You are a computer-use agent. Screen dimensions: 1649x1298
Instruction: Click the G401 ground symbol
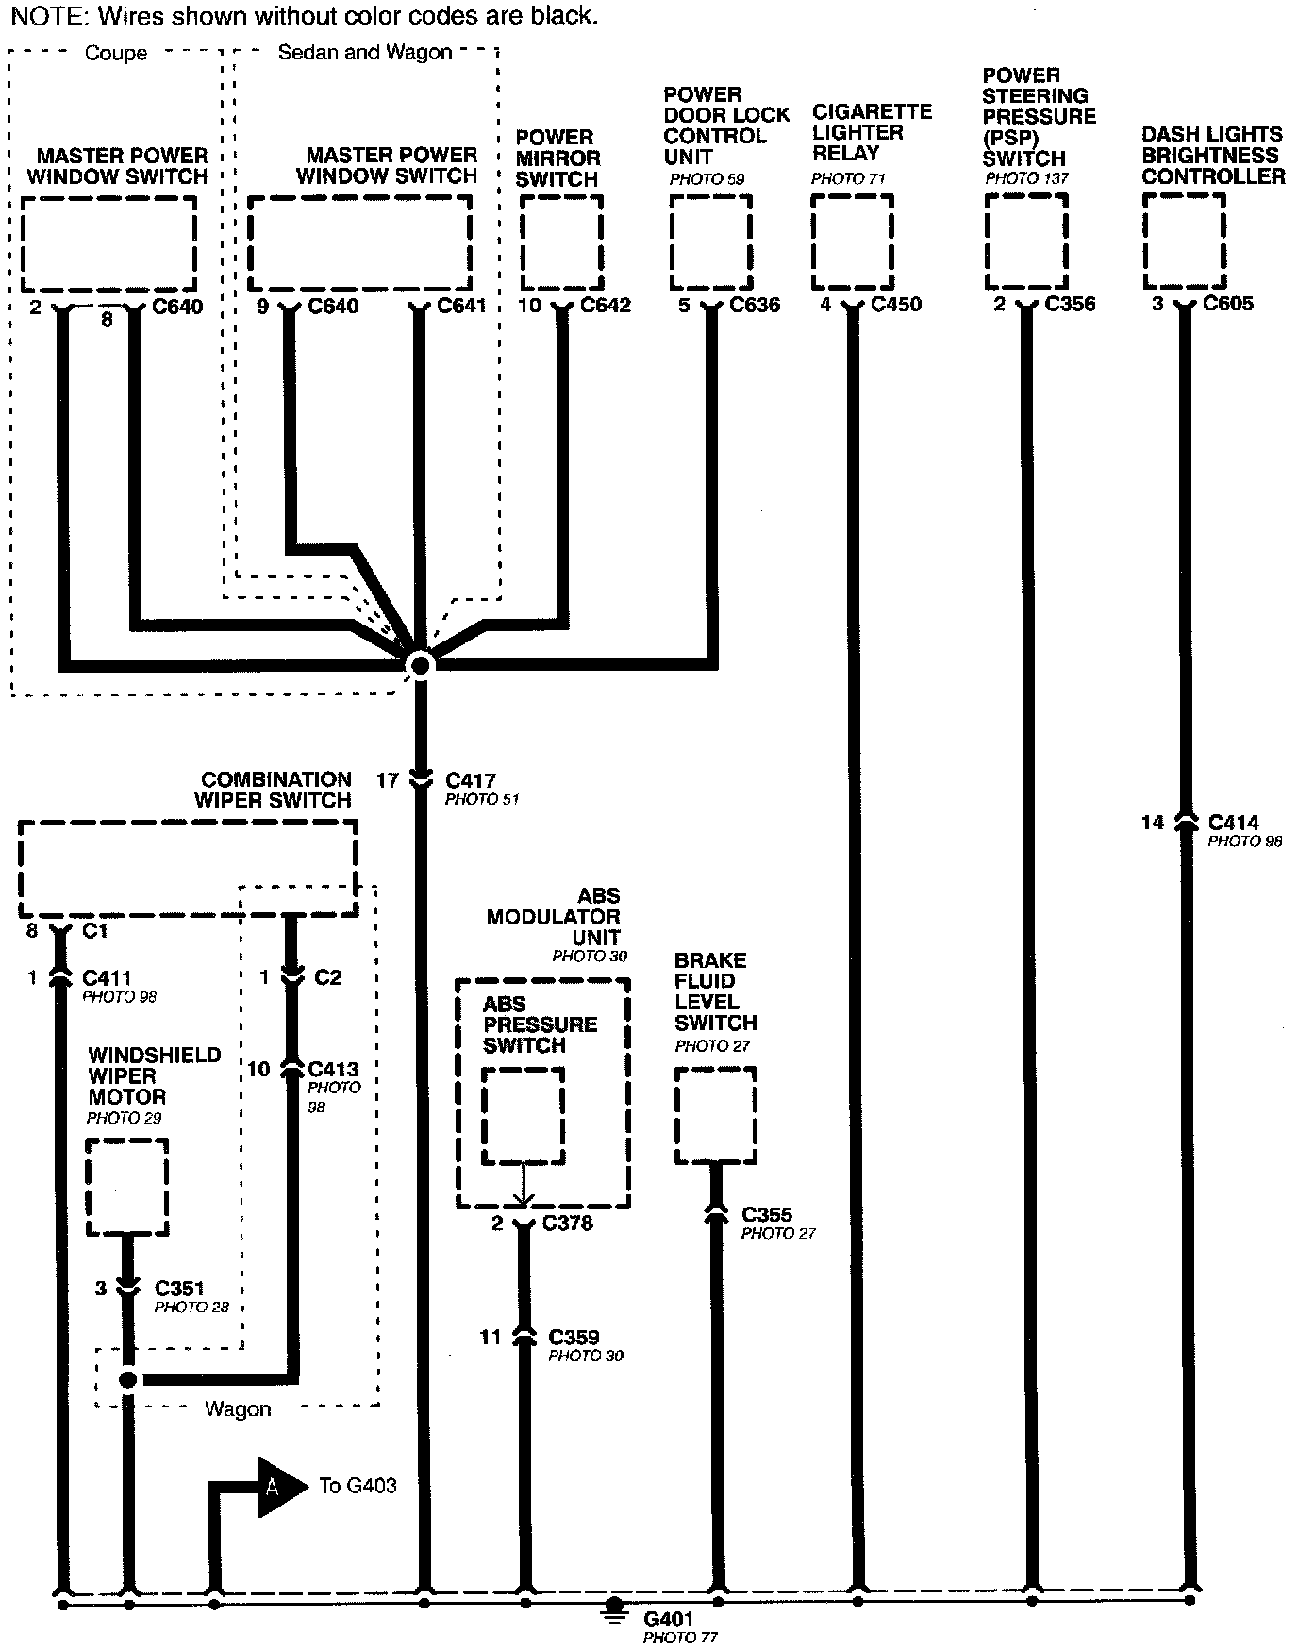click(614, 1607)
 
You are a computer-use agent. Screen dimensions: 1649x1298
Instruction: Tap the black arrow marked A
click(278, 1487)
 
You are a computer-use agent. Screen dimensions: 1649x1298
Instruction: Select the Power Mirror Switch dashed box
click(561, 243)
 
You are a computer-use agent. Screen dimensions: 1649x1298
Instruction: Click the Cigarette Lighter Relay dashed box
click(853, 242)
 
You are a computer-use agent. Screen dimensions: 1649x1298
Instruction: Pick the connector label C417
click(470, 781)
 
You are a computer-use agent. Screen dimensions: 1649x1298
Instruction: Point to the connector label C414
click(1233, 823)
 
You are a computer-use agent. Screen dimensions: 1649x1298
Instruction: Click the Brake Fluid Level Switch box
click(716, 1116)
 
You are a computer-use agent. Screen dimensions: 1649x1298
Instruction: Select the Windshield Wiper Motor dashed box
click(126, 1187)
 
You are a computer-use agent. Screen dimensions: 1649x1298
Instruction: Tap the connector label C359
click(574, 1338)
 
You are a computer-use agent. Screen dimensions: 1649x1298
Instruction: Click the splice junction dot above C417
click(421, 665)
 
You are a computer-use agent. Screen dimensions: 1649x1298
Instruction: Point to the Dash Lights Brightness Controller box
click(1184, 242)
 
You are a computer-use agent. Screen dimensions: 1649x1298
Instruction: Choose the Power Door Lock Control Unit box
click(710, 242)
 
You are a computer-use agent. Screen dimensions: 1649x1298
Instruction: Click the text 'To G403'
click(358, 1486)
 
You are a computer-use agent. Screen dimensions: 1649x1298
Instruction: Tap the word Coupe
click(116, 54)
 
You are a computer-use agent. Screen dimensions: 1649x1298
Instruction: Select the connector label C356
click(1070, 305)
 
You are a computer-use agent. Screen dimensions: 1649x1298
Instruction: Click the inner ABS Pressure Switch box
click(523, 1116)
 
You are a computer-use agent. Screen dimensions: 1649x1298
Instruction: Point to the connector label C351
click(179, 1289)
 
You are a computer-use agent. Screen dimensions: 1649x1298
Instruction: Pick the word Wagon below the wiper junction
click(238, 1409)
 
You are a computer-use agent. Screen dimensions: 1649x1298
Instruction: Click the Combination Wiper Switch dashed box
click(188, 868)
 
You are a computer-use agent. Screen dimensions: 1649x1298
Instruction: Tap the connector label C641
click(461, 306)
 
